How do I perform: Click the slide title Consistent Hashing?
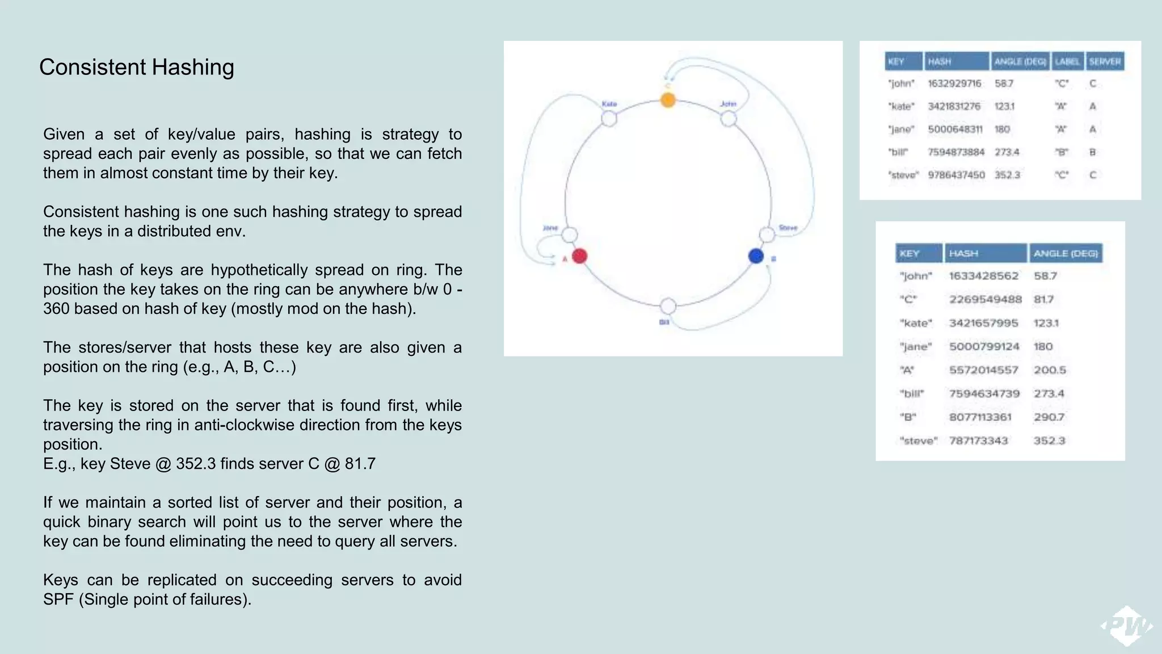point(136,67)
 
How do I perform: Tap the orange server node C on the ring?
point(668,100)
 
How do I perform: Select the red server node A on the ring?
point(579,256)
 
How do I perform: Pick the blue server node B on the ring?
point(756,256)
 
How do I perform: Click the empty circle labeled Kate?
point(609,119)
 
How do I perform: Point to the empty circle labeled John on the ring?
point(729,119)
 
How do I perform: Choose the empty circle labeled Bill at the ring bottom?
point(668,306)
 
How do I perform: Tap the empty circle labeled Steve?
point(767,234)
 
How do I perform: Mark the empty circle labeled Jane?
point(570,234)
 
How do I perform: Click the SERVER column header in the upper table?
point(1104,61)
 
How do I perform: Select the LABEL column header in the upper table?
point(1067,61)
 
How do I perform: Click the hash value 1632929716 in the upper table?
point(954,83)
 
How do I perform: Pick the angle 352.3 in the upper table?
point(1007,175)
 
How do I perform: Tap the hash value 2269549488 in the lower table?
point(985,299)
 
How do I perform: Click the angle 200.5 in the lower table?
point(1050,370)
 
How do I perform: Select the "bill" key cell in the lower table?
point(912,393)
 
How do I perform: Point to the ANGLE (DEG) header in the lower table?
point(1066,253)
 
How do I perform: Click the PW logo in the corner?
point(1127,626)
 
